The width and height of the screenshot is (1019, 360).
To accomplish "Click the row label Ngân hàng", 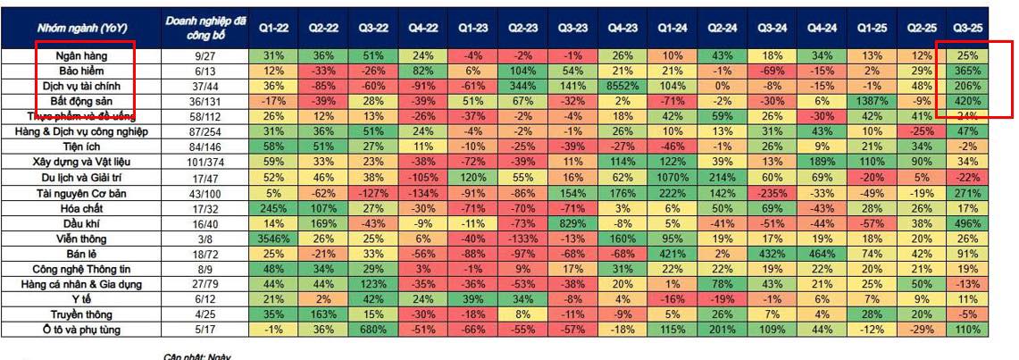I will [x=88, y=56].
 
